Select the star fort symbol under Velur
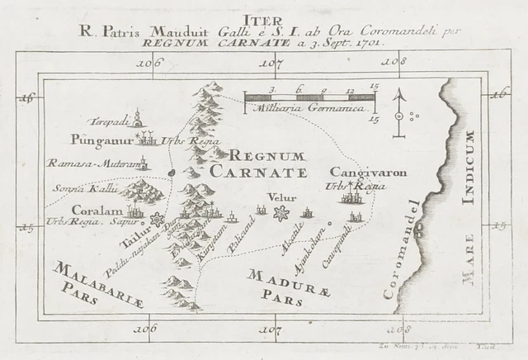point(280,214)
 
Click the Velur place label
point(280,197)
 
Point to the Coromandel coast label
point(402,248)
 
